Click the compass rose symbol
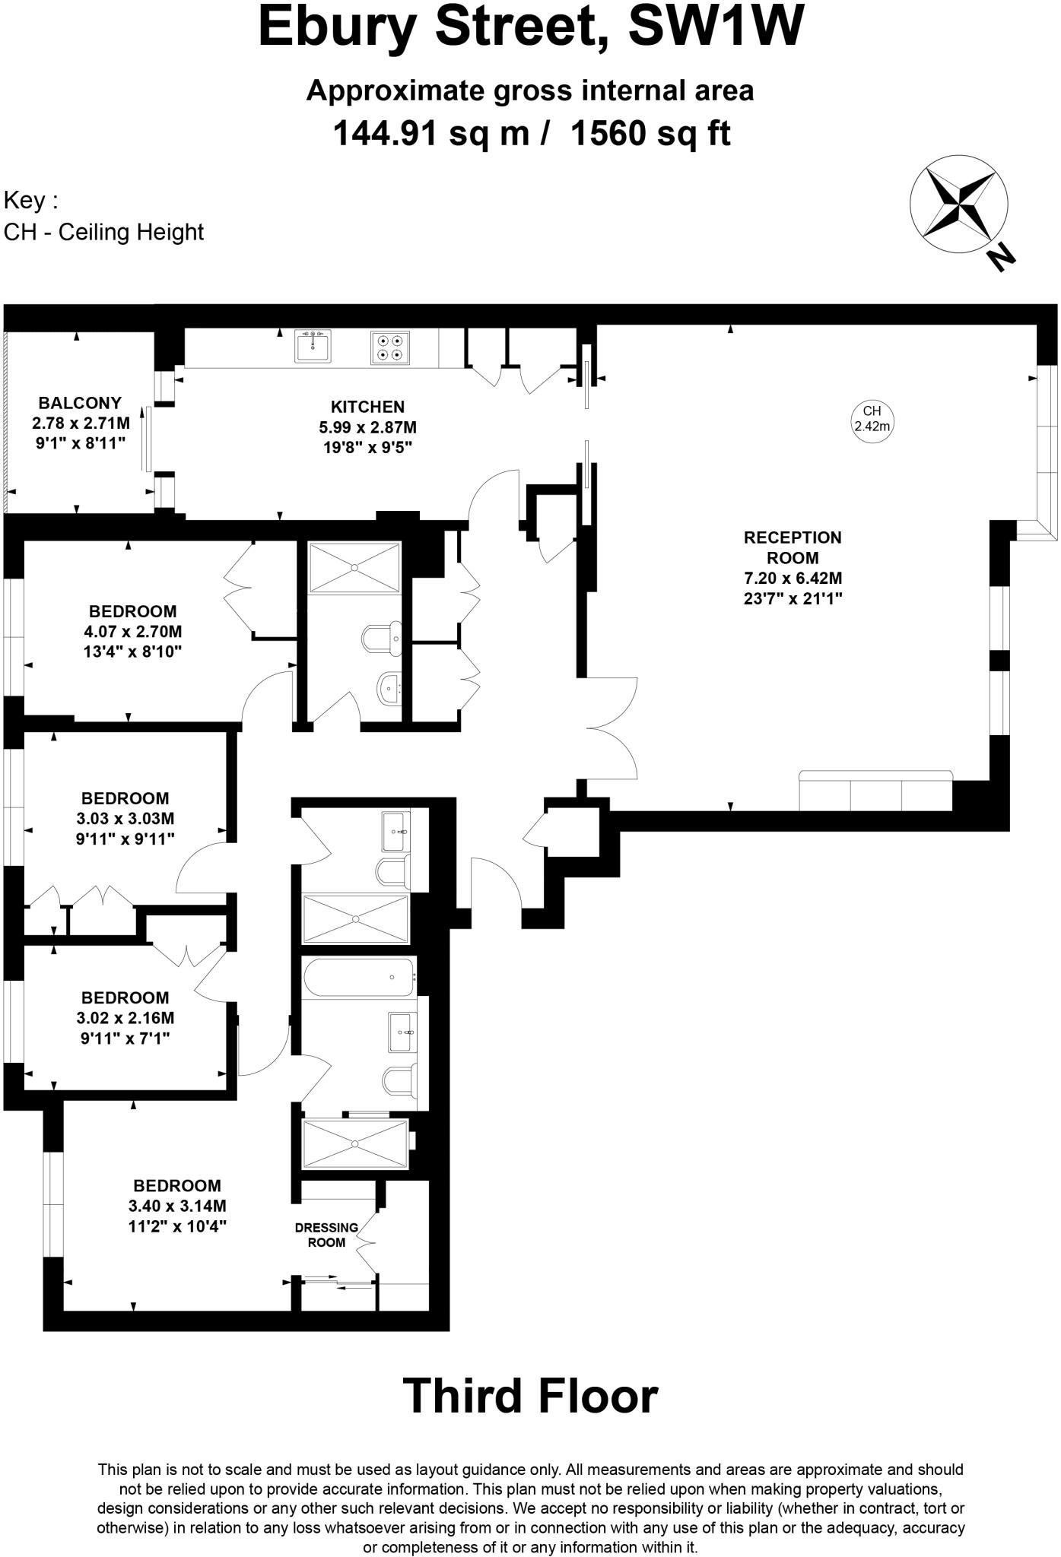pos(958,204)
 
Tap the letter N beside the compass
pos(1001,258)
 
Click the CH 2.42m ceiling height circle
pos(872,419)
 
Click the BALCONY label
pos(80,403)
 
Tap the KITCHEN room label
pos(367,407)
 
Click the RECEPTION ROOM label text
pos(793,547)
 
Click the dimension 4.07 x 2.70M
pos(134,632)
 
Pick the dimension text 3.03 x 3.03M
pos(126,819)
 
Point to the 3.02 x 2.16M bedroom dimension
pos(126,1018)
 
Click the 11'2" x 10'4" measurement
pos(178,1226)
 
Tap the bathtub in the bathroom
pos(358,978)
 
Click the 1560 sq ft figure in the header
pos(650,135)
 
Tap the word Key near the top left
pos(30,201)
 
